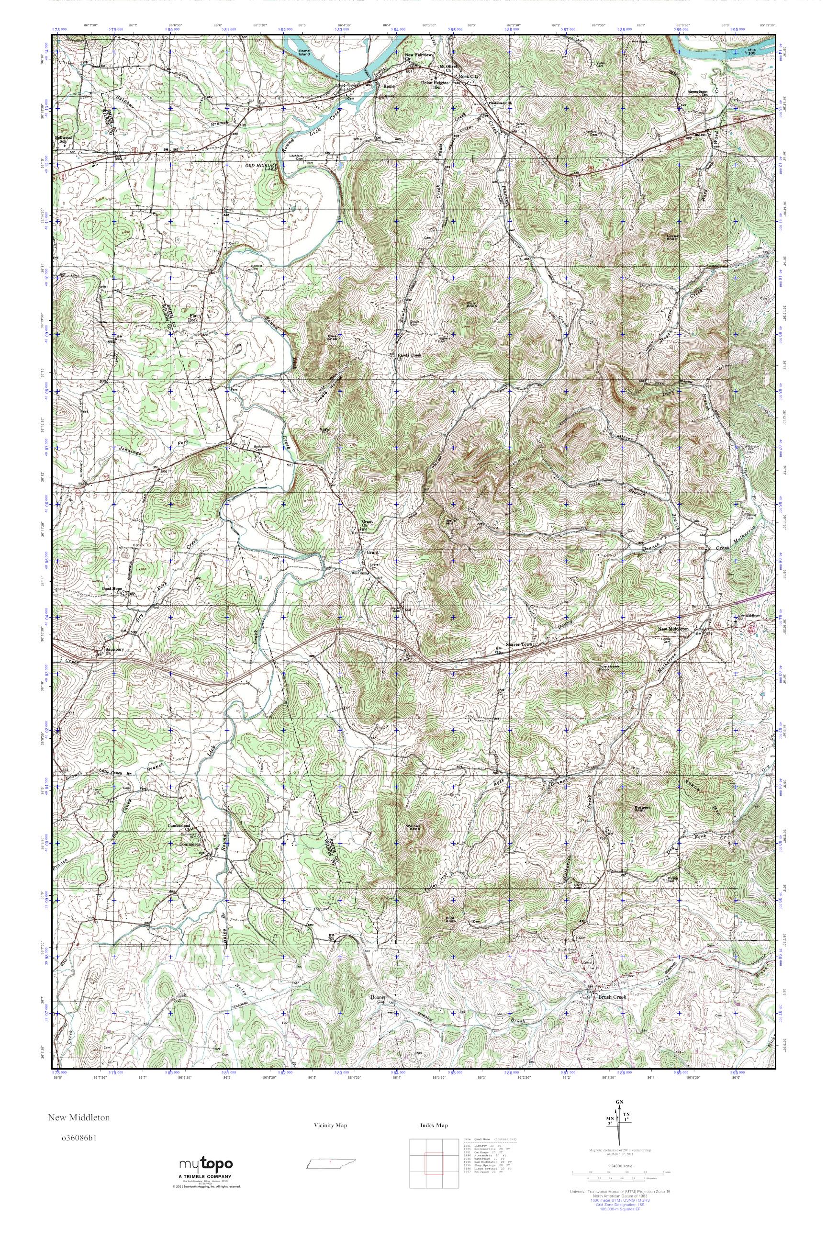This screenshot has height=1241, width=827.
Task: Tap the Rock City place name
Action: coord(469,77)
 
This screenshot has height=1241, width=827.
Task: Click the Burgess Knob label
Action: coord(639,808)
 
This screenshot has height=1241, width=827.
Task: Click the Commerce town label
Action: coord(192,844)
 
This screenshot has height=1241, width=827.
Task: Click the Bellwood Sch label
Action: coord(63,140)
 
